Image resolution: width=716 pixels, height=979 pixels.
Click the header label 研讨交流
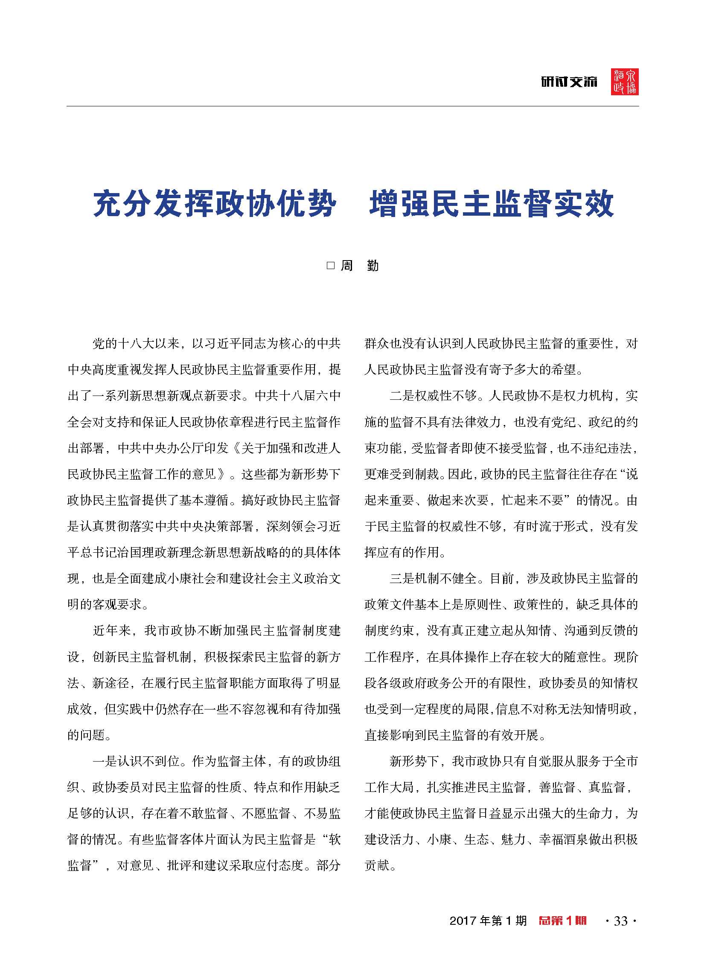pyautogui.click(x=569, y=82)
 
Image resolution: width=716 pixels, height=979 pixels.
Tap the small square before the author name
pyautogui.click(x=331, y=265)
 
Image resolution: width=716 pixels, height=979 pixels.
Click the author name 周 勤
pyautogui.click(x=359, y=265)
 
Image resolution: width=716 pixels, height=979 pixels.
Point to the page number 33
pyautogui.click(x=621, y=921)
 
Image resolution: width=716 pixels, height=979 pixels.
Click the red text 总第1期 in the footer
pyautogui.click(x=562, y=920)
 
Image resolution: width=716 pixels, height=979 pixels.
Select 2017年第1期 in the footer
pyautogui.click(x=488, y=921)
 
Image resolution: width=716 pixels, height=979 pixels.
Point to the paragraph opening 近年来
pyautogui.click(x=112, y=631)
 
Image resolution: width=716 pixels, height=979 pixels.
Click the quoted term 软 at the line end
pyautogui.click(x=335, y=839)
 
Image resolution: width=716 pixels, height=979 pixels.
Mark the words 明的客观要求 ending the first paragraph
pyautogui.click(x=105, y=604)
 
